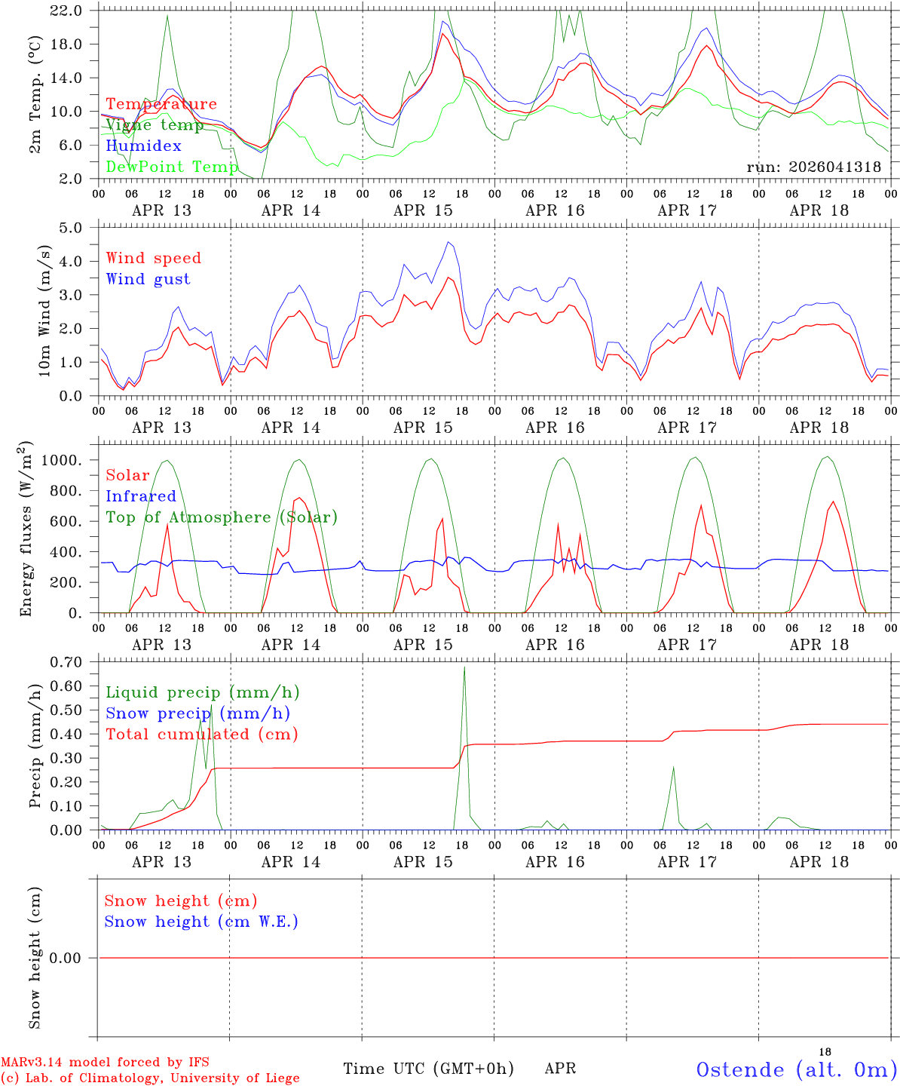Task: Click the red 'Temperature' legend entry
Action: coord(161,104)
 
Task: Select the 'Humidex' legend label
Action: coord(143,146)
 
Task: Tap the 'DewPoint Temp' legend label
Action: coord(172,167)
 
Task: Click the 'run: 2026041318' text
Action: coord(813,167)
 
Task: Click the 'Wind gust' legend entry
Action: coord(148,279)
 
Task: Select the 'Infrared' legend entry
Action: coord(140,496)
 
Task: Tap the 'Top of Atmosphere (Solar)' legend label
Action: coord(221,517)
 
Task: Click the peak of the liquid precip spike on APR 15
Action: coord(464,667)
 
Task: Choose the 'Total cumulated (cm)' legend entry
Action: coord(201,734)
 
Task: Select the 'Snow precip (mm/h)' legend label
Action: coord(197,713)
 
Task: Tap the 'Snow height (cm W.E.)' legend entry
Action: coord(201,922)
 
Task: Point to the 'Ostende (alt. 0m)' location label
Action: coord(796,1069)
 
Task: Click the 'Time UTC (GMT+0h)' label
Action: coord(428,1069)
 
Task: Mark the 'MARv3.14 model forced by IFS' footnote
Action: coord(105,1062)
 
